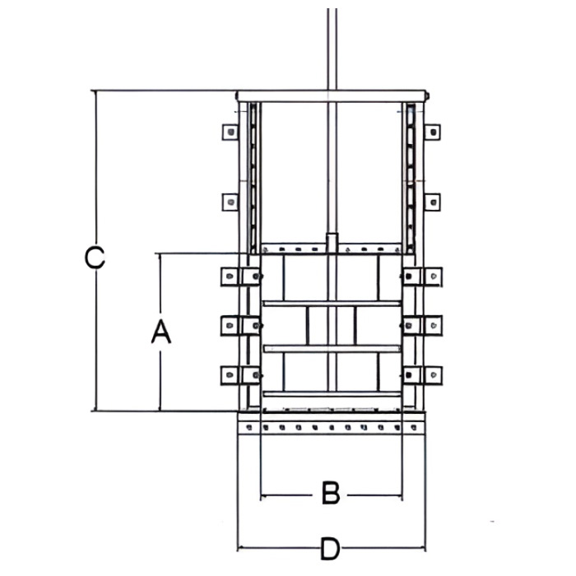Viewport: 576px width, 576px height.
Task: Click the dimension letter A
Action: (x=161, y=332)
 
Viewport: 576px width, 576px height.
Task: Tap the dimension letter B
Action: (x=330, y=494)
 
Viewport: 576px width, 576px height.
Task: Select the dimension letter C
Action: (x=95, y=258)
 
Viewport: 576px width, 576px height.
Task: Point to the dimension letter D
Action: (x=330, y=548)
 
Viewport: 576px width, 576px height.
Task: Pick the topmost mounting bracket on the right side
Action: (x=432, y=132)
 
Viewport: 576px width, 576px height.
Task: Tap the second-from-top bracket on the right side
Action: (x=432, y=201)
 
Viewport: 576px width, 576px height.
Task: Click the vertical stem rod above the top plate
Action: (x=332, y=49)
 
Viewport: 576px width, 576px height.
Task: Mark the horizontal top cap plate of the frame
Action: (x=332, y=96)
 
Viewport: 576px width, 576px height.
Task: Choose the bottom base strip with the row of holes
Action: (x=331, y=427)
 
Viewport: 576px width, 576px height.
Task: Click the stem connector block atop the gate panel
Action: (x=332, y=243)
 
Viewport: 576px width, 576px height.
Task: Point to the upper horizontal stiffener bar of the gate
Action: (x=332, y=304)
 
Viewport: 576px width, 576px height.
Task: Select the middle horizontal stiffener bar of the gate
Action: (x=332, y=349)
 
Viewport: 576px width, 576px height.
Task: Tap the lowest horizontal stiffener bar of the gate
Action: (x=332, y=394)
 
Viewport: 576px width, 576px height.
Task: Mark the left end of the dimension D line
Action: (x=238, y=548)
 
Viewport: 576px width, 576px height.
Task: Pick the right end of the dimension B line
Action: (x=402, y=495)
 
